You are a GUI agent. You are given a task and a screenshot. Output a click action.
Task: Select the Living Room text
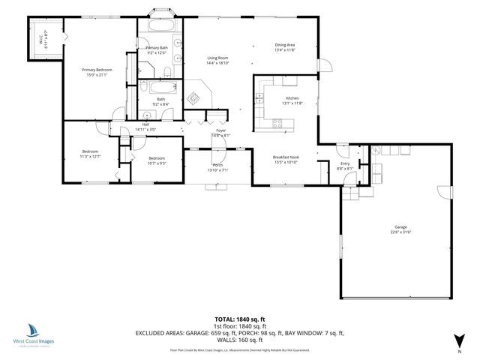tap(217, 58)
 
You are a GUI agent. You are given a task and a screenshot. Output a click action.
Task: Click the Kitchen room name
tap(292, 98)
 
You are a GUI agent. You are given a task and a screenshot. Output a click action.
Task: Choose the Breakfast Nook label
tap(286, 157)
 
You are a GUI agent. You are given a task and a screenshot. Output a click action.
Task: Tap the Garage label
tap(401, 226)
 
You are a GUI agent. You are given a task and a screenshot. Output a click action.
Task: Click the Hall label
tap(145, 124)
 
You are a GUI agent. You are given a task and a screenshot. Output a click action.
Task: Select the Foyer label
tap(221, 130)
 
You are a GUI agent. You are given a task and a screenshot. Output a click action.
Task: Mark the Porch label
tap(217, 165)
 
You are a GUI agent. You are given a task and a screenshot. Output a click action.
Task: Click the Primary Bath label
tap(157, 48)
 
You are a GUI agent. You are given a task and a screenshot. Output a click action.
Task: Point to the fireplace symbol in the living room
tap(195, 98)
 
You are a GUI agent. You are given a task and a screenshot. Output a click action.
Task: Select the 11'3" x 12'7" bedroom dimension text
tap(90, 156)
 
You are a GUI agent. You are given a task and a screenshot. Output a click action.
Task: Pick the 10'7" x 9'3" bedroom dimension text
tap(156, 163)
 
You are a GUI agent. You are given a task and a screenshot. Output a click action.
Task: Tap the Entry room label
tap(345, 163)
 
